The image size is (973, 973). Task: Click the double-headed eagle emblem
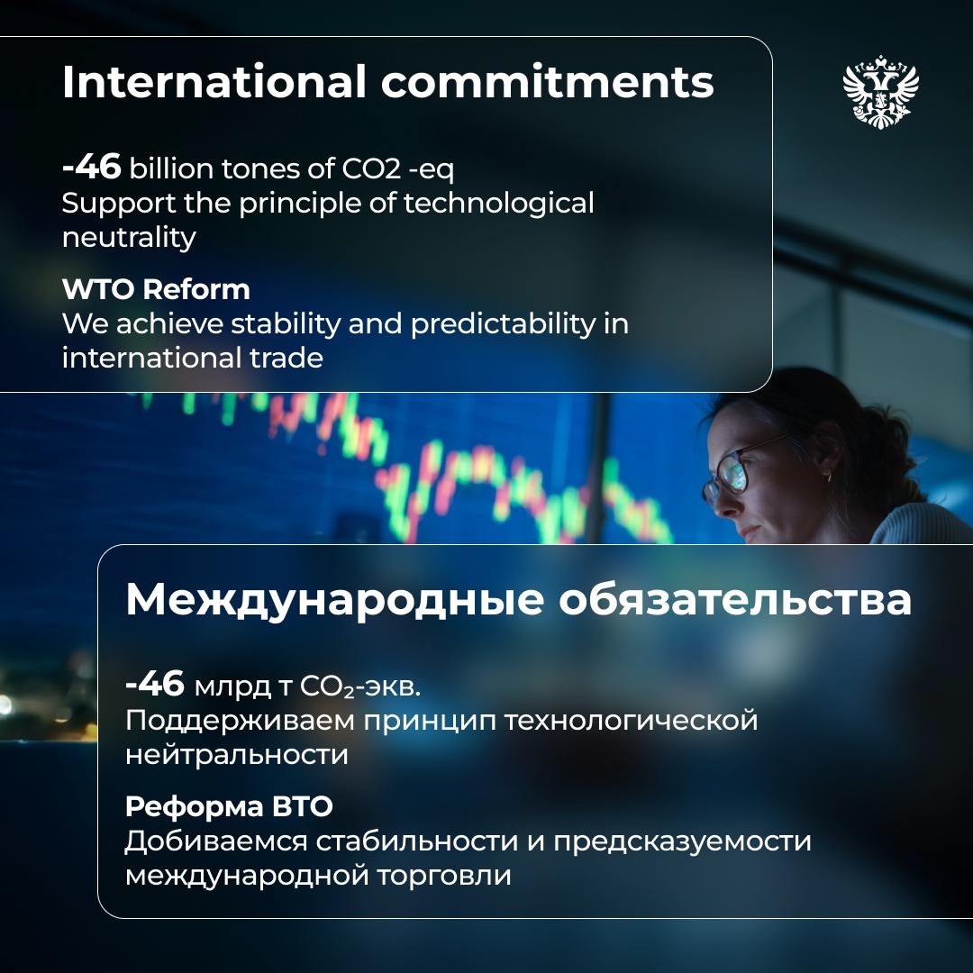(880, 90)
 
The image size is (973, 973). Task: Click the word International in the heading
(214, 83)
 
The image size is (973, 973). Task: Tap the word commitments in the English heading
(547, 83)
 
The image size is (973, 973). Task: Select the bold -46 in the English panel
(91, 168)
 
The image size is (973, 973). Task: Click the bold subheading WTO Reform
(156, 290)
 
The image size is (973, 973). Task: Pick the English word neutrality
(128, 237)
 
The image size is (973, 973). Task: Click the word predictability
(504, 323)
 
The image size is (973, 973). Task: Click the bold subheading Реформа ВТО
(229, 806)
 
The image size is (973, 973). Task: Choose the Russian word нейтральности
(236, 754)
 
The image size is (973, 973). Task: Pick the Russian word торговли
(452, 875)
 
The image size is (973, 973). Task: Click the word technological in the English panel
(498, 203)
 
